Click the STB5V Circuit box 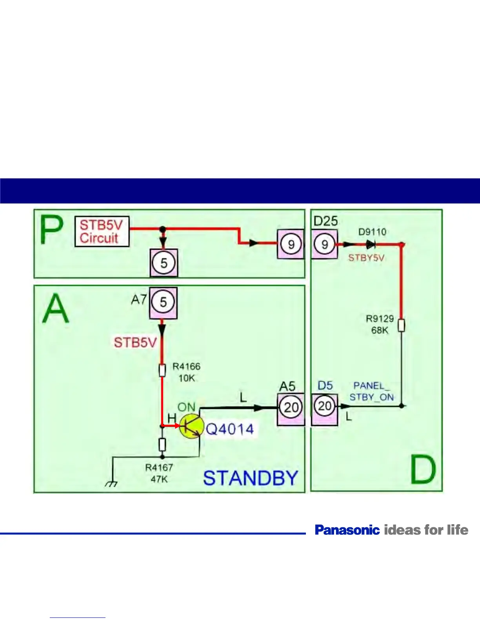point(102,231)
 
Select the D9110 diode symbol point(371,245)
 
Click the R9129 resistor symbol point(401,325)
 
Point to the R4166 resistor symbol point(162,370)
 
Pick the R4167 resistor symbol point(162,445)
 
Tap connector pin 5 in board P point(164,263)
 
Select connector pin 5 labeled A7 point(163,302)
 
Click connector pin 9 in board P point(291,244)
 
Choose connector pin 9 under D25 point(324,244)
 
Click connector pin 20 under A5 point(291,407)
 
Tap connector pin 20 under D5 point(325,406)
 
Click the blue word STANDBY point(251,478)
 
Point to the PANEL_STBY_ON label point(371,391)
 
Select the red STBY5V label point(366,258)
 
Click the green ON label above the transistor point(186,407)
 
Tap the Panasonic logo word point(347,530)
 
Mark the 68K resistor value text point(380,330)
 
